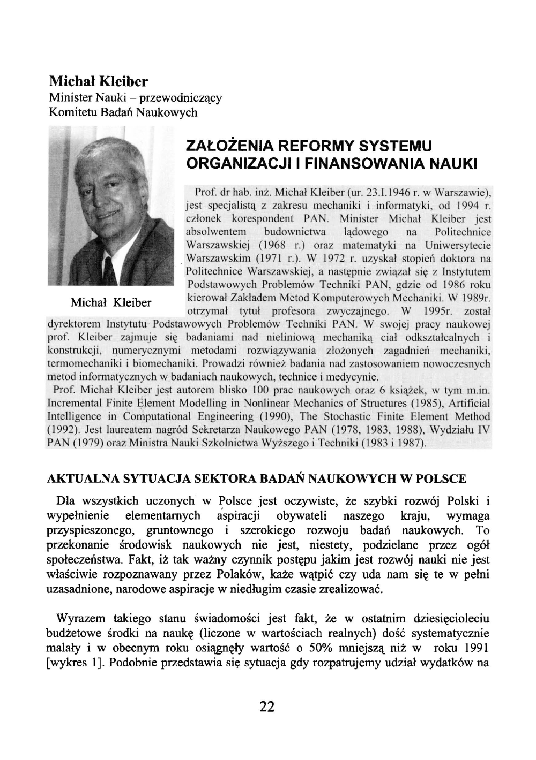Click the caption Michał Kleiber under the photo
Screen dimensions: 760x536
(111, 302)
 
